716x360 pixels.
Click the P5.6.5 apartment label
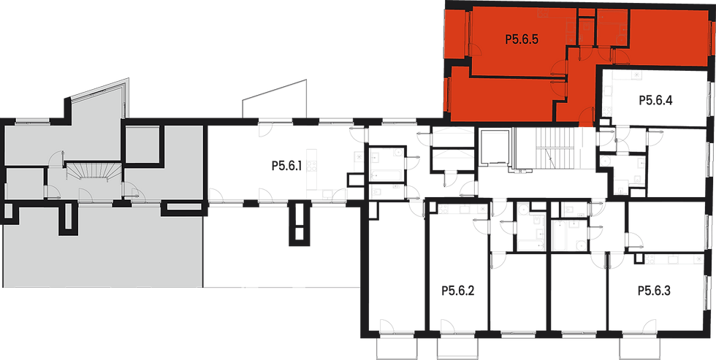(x=522, y=41)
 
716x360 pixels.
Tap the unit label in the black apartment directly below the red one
(x=655, y=101)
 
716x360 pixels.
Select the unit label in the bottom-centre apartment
(x=458, y=291)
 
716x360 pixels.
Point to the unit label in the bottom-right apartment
(x=654, y=291)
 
